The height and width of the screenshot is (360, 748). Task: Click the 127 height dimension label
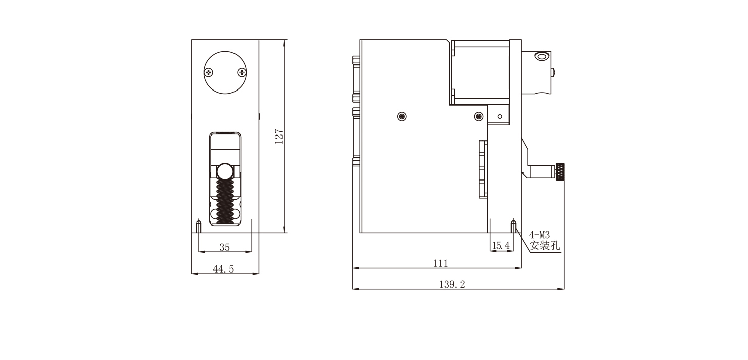coord(279,136)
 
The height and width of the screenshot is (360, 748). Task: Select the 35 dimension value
coord(225,247)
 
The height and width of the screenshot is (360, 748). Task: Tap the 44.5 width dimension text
coord(223,269)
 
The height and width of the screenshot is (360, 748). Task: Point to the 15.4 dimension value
coord(501,246)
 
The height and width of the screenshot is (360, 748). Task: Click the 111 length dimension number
coord(440,263)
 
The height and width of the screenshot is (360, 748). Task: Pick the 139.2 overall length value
coord(452,284)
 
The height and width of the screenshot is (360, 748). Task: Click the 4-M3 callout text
coord(539,235)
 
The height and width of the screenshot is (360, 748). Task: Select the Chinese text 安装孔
coord(545,245)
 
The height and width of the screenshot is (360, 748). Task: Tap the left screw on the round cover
coord(209,72)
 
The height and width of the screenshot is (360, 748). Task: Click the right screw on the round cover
coord(242,72)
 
